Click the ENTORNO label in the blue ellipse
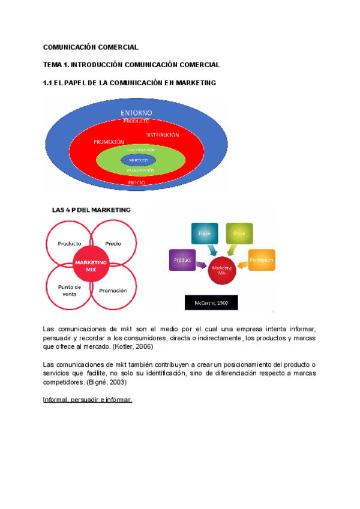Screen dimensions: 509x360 [136, 112]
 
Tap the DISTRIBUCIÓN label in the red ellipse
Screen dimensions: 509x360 [162, 135]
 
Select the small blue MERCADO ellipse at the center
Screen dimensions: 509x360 [138, 160]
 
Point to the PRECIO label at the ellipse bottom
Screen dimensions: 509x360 [137, 182]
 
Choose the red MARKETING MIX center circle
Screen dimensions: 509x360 [90, 265]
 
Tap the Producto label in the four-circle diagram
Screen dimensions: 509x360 [70, 244]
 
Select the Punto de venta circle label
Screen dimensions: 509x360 [70, 290]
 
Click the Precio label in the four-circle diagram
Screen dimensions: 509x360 [113, 244]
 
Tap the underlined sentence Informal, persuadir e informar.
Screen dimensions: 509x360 [88, 399]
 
